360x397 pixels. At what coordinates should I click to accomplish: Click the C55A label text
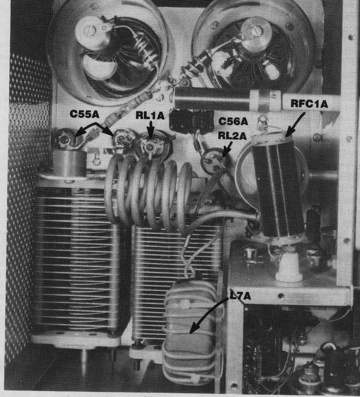[85, 114]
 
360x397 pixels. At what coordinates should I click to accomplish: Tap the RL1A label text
[150, 116]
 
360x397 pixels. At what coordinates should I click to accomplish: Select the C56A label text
[233, 122]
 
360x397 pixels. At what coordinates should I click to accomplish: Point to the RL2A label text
[232, 136]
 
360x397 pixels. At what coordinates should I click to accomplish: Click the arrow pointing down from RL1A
[151, 130]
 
